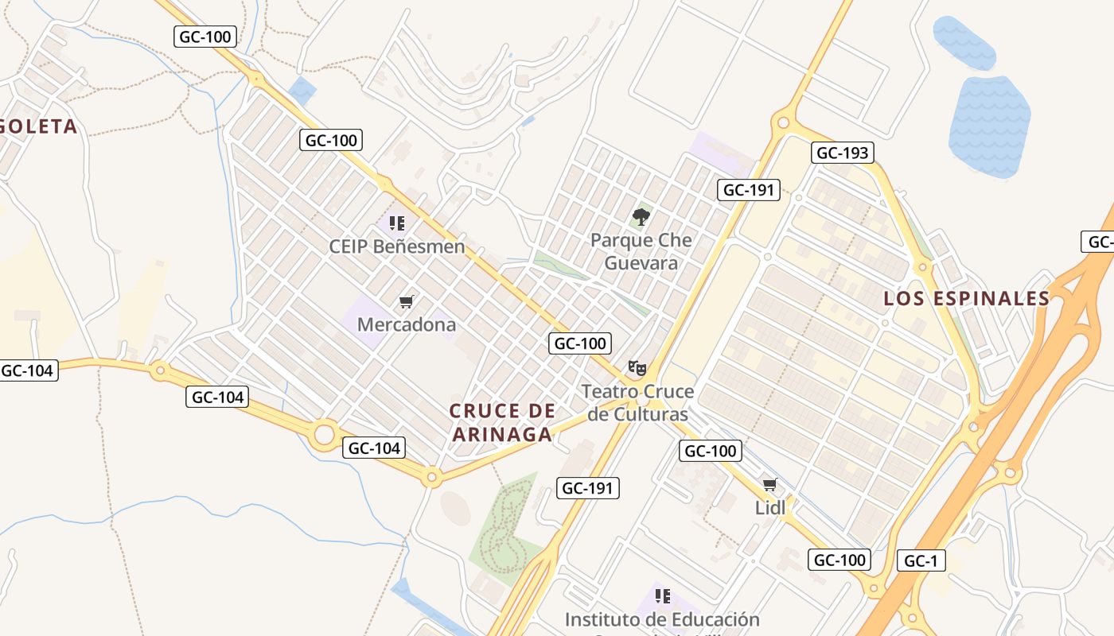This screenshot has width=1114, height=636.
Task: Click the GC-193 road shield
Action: [843, 153]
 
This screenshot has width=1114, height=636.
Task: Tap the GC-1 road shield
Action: [921, 560]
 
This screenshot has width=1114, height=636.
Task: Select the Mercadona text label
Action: [407, 324]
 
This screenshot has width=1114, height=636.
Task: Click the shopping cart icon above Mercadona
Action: [407, 301]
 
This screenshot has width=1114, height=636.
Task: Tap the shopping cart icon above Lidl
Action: [769, 484]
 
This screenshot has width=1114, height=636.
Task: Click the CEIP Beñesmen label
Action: [397, 246]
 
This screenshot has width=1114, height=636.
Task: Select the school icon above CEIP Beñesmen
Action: [397, 223]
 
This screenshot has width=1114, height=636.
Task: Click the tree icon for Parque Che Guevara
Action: [641, 216]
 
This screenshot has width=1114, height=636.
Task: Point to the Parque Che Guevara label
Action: [641, 251]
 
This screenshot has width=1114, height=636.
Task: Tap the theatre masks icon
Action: [637, 367]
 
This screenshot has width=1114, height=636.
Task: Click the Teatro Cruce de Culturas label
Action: [637, 403]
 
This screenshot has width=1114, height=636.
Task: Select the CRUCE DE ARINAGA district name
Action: [502, 422]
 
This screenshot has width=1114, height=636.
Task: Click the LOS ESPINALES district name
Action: [967, 298]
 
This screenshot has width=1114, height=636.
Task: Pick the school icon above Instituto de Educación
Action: [662, 595]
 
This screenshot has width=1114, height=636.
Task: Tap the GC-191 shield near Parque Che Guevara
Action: [749, 189]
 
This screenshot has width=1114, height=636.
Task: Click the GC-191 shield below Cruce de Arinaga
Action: [588, 488]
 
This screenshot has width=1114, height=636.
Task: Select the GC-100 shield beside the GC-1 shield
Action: [839, 560]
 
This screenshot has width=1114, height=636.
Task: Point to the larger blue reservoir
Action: [989, 127]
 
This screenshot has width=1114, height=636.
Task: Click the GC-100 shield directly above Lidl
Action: [711, 451]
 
